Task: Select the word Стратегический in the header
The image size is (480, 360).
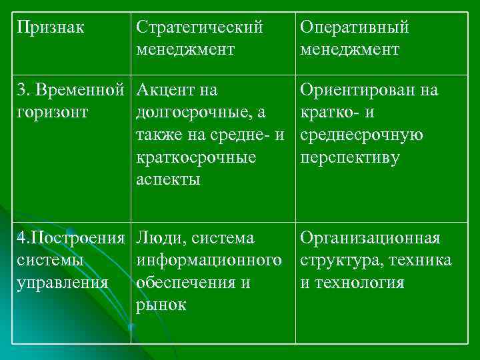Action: coord(199,28)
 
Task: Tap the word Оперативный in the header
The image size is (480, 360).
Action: coord(355,28)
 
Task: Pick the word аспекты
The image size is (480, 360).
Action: coord(168,180)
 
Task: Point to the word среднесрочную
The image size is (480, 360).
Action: coord(362,135)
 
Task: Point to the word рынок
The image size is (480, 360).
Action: coord(161,305)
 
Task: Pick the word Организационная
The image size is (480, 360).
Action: coord(371,237)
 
